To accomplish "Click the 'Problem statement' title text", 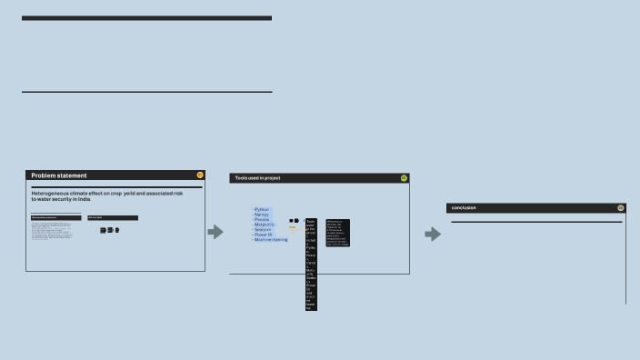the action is coord(59,175).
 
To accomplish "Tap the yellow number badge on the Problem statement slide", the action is coord(200,175).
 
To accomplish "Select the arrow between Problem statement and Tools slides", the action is coord(215,233).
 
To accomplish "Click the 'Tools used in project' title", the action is coord(257,178).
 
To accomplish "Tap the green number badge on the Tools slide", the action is coord(404,178).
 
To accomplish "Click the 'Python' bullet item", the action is coord(262,209).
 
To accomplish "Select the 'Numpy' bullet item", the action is coord(262,215).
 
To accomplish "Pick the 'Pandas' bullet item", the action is coord(263,219).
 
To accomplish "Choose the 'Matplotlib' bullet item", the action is coord(265,225).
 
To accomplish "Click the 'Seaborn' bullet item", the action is coord(264,229).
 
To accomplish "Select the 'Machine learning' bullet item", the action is coord(271,240).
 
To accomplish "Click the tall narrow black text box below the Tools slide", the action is coord(311,264).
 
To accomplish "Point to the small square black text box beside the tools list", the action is coord(337,233).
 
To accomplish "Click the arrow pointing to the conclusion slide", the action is coord(433,235).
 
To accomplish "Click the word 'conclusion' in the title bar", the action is coord(464,208).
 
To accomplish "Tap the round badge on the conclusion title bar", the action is coord(621,208).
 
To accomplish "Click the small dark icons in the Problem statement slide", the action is coord(109,230).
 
